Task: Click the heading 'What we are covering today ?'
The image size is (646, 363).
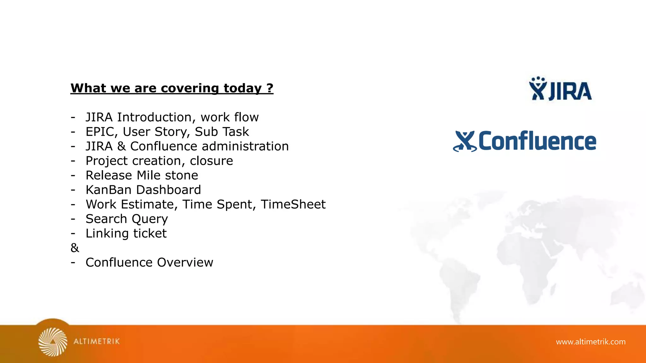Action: (172, 88)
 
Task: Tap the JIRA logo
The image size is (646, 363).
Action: (561, 89)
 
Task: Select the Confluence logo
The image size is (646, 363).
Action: (525, 141)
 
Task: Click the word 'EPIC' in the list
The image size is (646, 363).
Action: (99, 132)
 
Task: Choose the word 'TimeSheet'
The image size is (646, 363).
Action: (293, 204)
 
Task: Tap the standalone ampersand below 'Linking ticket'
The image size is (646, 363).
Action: (75, 248)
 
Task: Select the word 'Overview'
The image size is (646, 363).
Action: (185, 262)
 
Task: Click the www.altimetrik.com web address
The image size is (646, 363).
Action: (590, 342)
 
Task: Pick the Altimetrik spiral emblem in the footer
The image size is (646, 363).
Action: (53, 342)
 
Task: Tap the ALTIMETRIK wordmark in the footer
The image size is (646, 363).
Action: (97, 341)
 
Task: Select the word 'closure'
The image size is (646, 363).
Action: (211, 161)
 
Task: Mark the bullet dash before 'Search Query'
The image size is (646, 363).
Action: (73, 219)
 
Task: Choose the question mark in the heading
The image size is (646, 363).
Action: (270, 88)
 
